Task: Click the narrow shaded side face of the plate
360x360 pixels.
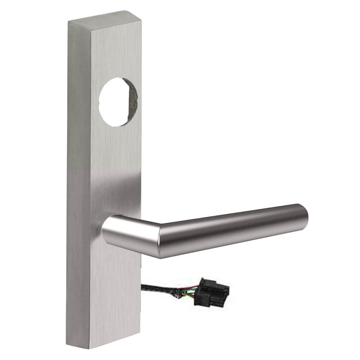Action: click(76, 180)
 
